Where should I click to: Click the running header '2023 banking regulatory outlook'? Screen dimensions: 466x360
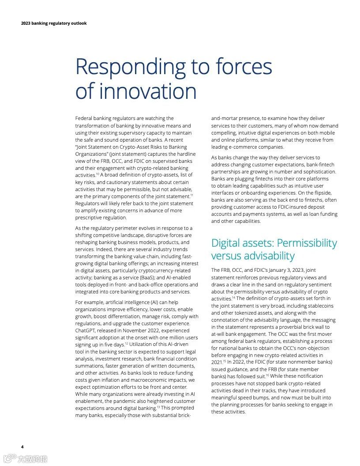pyautogui.click(x=54, y=23)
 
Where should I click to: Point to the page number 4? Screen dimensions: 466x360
pyautogui.click(x=22, y=447)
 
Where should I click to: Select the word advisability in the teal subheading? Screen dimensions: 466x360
pyautogui.click(x=269, y=256)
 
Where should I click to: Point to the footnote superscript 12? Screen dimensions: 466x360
pyautogui.click(x=126, y=343)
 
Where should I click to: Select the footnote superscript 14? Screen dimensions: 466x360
pyautogui.click(x=233, y=298)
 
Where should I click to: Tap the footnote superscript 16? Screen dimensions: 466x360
pyautogui.click(x=267, y=375)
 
